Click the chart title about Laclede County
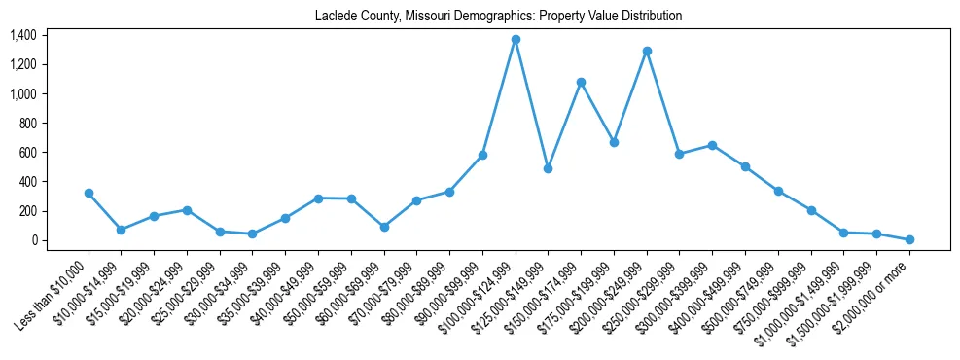coord(498,17)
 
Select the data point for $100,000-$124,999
coord(516,40)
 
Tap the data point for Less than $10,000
coord(89,193)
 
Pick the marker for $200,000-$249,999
coord(647,51)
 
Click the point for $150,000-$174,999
coord(581,83)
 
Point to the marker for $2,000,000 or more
coord(909,239)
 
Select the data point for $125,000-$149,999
coord(549,168)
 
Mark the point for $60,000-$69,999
coord(384,227)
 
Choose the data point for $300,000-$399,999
coord(712,145)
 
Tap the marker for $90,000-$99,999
coord(482,155)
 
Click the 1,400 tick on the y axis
coord(22,35)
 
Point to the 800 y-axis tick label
coord(26,124)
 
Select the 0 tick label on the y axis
coord(32,240)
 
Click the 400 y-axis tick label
coord(26,182)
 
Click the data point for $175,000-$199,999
coord(614,142)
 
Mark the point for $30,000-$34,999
coord(253,234)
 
